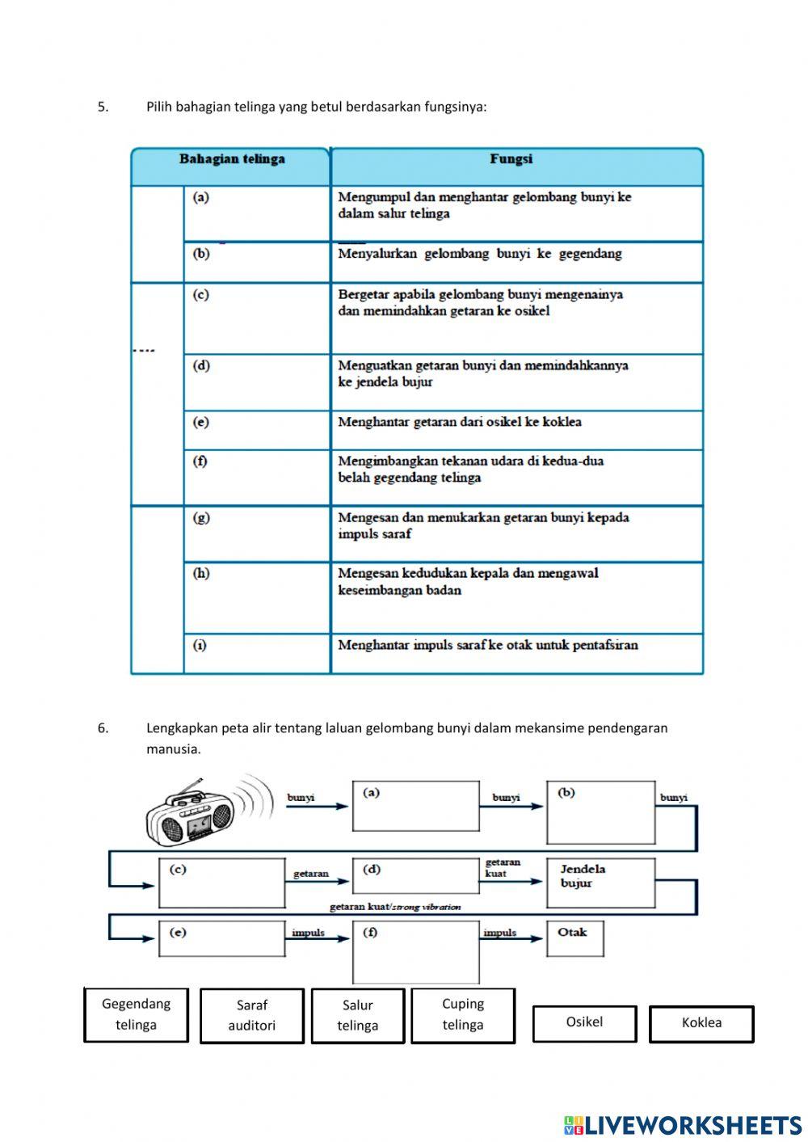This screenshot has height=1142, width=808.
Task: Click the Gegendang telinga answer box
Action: [x=136, y=1014]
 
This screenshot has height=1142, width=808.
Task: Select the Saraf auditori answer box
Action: [x=251, y=1016]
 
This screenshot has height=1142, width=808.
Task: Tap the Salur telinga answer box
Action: [x=357, y=1016]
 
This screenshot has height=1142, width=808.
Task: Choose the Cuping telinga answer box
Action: [x=462, y=1014]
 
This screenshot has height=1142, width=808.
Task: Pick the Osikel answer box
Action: [x=584, y=1022]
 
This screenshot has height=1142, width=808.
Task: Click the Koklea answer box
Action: [x=701, y=1023]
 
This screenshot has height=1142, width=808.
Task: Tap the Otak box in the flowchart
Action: [x=574, y=938]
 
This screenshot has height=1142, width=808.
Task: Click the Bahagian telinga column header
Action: [x=232, y=159]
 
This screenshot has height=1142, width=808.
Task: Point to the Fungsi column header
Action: [x=511, y=159]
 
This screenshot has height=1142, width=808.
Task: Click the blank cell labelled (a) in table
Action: [x=257, y=213]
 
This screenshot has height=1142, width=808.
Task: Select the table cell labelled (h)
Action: [x=257, y=597]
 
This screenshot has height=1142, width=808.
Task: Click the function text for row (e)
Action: [x=459, y=422]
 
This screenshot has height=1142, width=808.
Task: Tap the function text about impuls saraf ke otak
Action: [x=487, y=645]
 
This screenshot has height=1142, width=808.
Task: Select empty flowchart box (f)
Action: [x=415, y=953]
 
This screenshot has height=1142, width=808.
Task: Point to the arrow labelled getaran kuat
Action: [x=513, y=881]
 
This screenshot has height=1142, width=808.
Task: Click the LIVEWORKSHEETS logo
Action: [x=682, y=1125]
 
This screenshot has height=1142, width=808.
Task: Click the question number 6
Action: [x=103, y=727]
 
